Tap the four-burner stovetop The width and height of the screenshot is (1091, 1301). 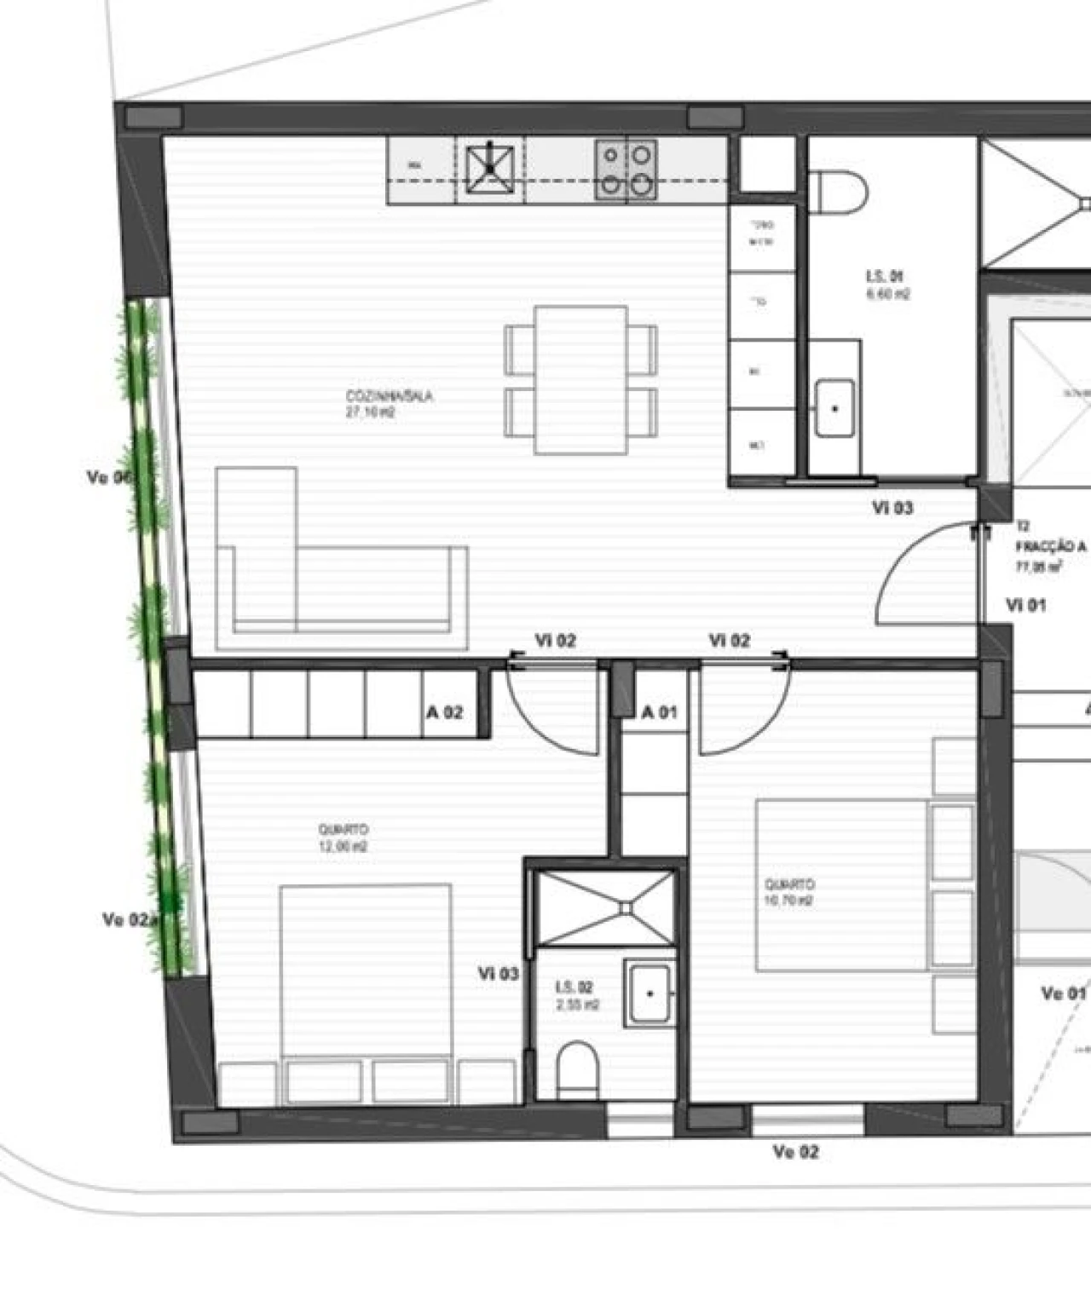coord(626,169)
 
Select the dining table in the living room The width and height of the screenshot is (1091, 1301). coord(581,380)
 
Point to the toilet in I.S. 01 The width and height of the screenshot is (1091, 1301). coord(837,191)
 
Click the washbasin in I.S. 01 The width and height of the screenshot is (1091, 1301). coord(834,408)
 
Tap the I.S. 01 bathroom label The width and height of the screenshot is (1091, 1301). coord(884,277)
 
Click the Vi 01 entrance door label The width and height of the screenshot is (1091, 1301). coord(1025,606)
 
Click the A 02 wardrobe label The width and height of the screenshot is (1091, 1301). coord(444,712)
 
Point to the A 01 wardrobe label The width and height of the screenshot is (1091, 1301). coord(660,712)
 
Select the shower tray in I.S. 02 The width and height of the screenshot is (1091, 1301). coord(606,907)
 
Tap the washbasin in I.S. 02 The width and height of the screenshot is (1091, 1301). coord(649,993)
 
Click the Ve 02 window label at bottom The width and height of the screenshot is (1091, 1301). coord(795,1153)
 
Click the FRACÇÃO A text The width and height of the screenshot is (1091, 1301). coord(1050,547)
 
